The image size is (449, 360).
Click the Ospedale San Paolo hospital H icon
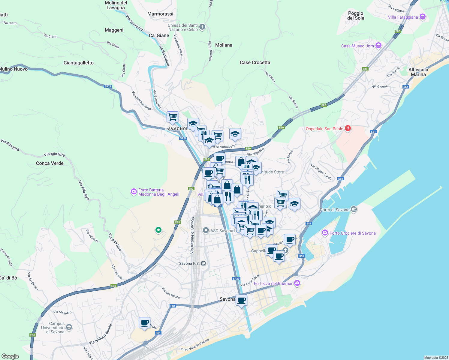[x=348, y=128]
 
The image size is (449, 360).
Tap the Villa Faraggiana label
[x=403, y=17]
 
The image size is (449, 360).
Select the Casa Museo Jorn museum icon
[x=378, y=46]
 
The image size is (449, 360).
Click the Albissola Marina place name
[x=418, y=72]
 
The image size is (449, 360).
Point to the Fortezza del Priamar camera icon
[x=297, y=283]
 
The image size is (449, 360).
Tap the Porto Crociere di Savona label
[x=352, y=233]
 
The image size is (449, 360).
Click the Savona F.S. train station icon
[x=203, y=263]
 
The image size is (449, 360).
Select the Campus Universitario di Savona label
[x=57, y=328]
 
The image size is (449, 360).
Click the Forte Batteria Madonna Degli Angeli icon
[x=134, y=192]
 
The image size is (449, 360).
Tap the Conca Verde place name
[x=50, y=163]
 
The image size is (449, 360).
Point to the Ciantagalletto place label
[x=79, y=63]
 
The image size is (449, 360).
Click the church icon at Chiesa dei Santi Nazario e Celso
[x=202, y=27]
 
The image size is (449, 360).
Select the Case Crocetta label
[x=255, y=62]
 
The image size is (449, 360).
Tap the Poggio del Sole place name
[x=356, y=16]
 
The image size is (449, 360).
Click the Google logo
[x=10, y=356]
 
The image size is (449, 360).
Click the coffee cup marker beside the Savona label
[x=241, y=300]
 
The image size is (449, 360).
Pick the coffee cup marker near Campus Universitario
[x=145, y=323]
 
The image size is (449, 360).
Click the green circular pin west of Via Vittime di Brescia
[x=158, y=230]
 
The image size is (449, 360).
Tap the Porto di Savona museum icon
[x=354, y=209]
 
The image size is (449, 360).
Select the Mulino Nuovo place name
[x=14, y=69]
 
